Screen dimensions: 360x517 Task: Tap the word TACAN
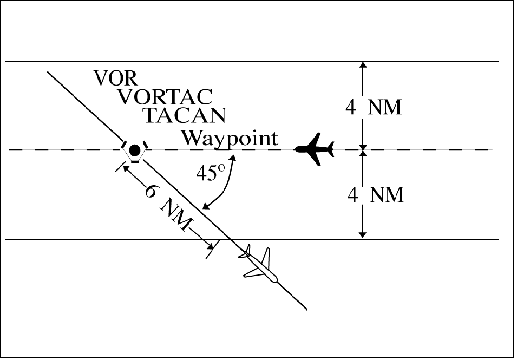[x=184, y=115]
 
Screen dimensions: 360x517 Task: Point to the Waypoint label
[x=229, y=138]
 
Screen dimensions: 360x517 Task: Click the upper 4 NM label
[x=374, y=107]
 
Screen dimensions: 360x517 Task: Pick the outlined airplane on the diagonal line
[x=259, y=266]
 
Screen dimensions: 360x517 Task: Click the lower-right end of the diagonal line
[x=307, y=310]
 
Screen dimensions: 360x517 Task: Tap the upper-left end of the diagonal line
[x=49, y=72]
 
